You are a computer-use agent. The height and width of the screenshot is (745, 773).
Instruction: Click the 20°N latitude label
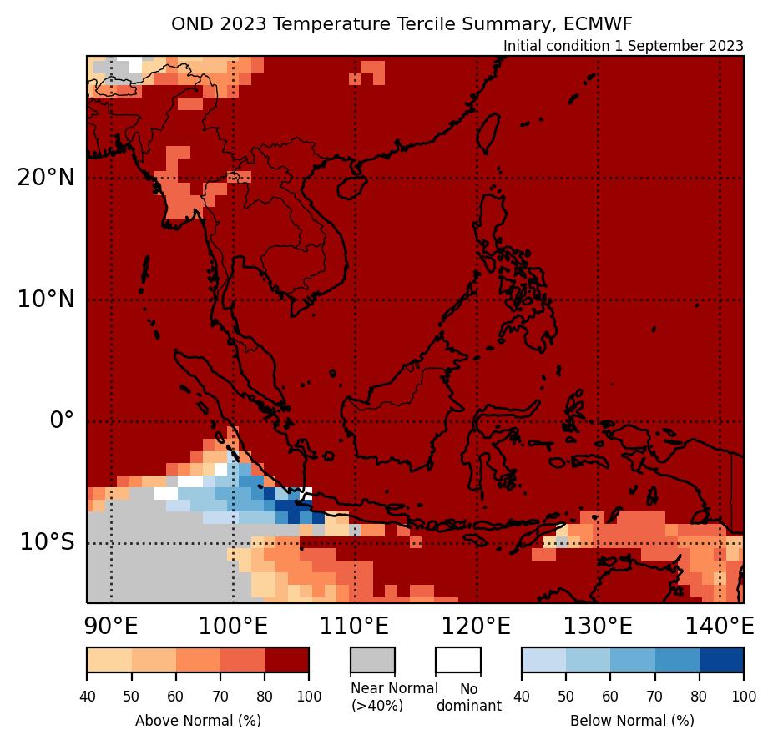click(45, 178)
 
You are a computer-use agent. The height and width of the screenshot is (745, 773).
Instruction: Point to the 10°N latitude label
click(45, 300)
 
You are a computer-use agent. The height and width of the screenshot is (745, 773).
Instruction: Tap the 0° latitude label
click(62, 420)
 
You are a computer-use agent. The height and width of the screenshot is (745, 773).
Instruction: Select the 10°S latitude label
click(47, 542)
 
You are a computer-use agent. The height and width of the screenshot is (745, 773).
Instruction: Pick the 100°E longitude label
click(233, 626)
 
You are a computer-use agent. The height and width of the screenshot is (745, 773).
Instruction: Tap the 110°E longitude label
click(355, 626)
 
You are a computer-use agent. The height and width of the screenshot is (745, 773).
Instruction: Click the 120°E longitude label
click(477, 626)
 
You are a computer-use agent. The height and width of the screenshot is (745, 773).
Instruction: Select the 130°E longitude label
click(599, 626)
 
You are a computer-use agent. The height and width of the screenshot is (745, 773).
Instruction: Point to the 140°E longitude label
click(720, 626)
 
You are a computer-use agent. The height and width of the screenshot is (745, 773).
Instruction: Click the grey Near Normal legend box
click(372, 659)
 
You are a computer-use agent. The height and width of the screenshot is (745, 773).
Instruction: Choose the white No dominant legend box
click(457, 659)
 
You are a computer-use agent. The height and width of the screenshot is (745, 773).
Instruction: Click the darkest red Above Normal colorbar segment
click(286, 659)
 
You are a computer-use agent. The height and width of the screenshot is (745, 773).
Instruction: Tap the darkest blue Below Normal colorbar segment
click(721, 659)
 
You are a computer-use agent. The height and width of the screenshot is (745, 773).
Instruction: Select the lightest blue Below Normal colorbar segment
click(543, 659)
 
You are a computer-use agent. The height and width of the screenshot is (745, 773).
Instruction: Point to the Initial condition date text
click(623, 46)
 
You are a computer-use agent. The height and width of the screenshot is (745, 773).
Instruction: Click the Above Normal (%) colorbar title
click(198, 720)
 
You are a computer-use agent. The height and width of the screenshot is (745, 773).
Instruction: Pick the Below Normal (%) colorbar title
click(632, 720)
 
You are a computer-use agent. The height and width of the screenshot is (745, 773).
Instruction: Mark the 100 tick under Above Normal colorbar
click(309, 696)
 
